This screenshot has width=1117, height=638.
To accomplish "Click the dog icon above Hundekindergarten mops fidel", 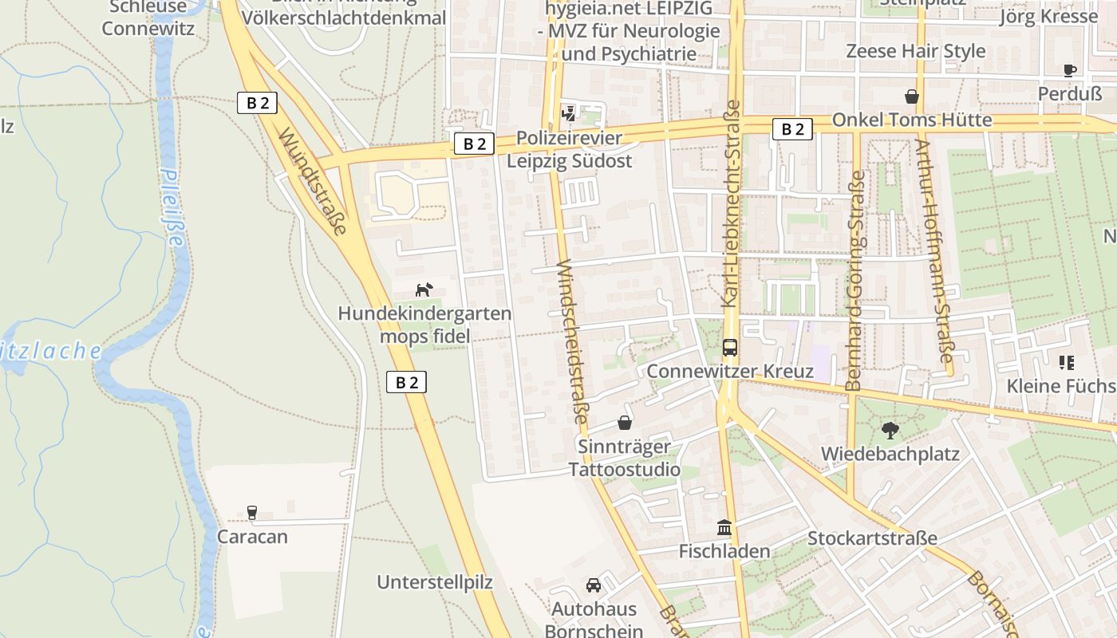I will (424, 289).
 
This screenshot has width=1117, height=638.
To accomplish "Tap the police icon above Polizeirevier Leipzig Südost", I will (568, 113).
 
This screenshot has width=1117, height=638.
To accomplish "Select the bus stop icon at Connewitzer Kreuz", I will (729, 347).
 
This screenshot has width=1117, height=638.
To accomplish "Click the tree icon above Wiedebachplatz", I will (890, 431).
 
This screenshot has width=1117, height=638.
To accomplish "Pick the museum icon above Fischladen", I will (724, 527).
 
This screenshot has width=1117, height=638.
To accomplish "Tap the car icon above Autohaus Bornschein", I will (594, 585).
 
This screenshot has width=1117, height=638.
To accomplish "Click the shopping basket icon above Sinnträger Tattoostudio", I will (625, 422).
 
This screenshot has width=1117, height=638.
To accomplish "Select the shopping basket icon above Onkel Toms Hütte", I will (911, 96).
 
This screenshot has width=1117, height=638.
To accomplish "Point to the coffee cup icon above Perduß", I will (1070, 70).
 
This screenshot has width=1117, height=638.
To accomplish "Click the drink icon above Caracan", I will (252, 512).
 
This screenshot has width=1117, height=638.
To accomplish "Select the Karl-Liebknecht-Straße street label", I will (731, 203).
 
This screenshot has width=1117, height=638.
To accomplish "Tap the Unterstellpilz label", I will (435, 582).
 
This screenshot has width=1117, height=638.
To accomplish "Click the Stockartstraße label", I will (872, 538).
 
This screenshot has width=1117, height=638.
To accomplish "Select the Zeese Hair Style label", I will (915, 51).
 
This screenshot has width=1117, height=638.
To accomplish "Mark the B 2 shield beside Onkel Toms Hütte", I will (792, 129).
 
